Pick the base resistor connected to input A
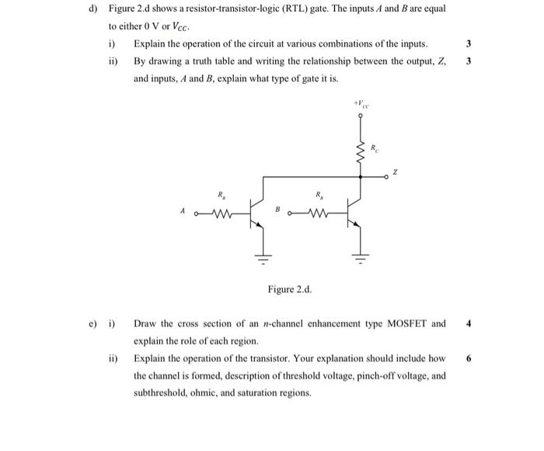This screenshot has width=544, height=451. (x=223, y=210)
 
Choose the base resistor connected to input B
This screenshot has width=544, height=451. (x=318, y=210)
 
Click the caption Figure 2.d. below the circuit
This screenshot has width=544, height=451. (x=289, y=290)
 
